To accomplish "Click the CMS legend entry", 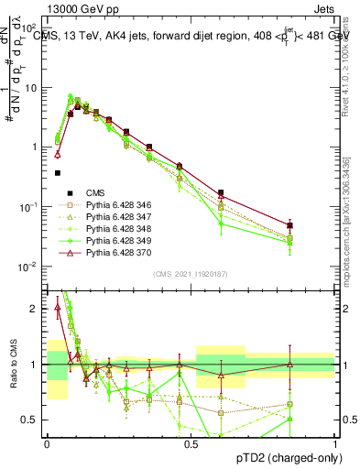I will click(95, 192).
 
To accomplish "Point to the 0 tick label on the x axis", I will click(47, 443).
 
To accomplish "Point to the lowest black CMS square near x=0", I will click(57, 172).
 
